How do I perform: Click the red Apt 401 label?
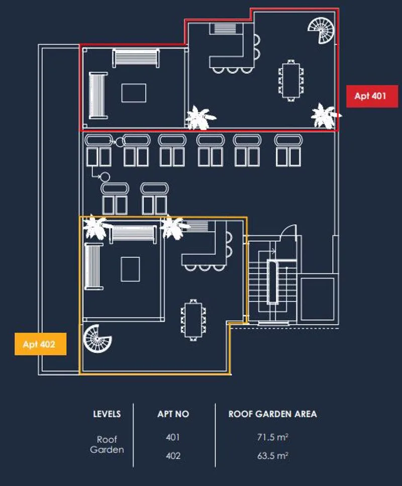(372, 96)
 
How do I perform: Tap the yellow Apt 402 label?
(40, 344)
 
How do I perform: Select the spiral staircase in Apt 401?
(322, 30)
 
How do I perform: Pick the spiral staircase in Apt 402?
(97, 339)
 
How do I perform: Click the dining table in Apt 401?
(291, 80)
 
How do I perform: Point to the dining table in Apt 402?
(193, 320)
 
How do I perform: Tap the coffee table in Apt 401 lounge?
(134, 93)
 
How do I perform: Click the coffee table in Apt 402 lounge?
(130, 269)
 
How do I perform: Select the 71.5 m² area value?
(273, 437)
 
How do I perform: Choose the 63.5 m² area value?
(273, 456)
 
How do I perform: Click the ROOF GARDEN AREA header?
(273, 414)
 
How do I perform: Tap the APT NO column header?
(173, 414)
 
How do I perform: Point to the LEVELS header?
(107, 414)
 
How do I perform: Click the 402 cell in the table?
(173, 456)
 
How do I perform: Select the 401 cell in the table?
(173, 437)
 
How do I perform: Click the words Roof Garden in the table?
(107, 444)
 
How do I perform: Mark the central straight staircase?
(272, 283)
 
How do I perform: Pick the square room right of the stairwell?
(317, 299)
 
